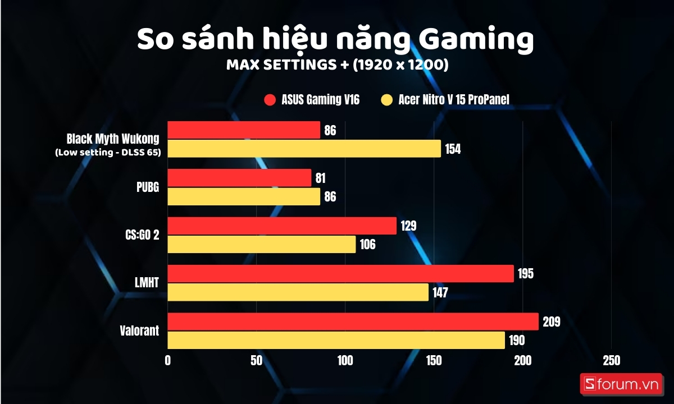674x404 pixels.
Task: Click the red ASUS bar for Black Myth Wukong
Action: (244, 130)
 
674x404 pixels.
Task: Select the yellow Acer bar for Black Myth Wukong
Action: (304, 149)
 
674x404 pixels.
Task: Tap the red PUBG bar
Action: (239, 178)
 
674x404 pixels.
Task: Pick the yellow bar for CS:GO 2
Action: (262, 244)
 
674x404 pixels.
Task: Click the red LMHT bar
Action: (340, 274)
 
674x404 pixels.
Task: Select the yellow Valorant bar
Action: (336, 340)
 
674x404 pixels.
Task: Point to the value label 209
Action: (551, 322)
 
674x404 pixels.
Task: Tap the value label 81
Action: (320, 178)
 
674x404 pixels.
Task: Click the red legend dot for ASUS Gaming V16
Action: (270, 100)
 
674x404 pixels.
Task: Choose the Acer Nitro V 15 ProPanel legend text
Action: (454, 100)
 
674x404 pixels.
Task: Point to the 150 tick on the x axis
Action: (434, 360)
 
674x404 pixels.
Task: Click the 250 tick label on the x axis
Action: (611, 360)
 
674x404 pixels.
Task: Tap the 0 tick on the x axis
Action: (167, 360)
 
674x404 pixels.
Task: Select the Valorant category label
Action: (139, 331)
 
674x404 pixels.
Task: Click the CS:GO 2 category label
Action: (141, 235)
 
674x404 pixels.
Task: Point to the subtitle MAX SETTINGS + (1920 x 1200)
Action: (337, 65)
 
